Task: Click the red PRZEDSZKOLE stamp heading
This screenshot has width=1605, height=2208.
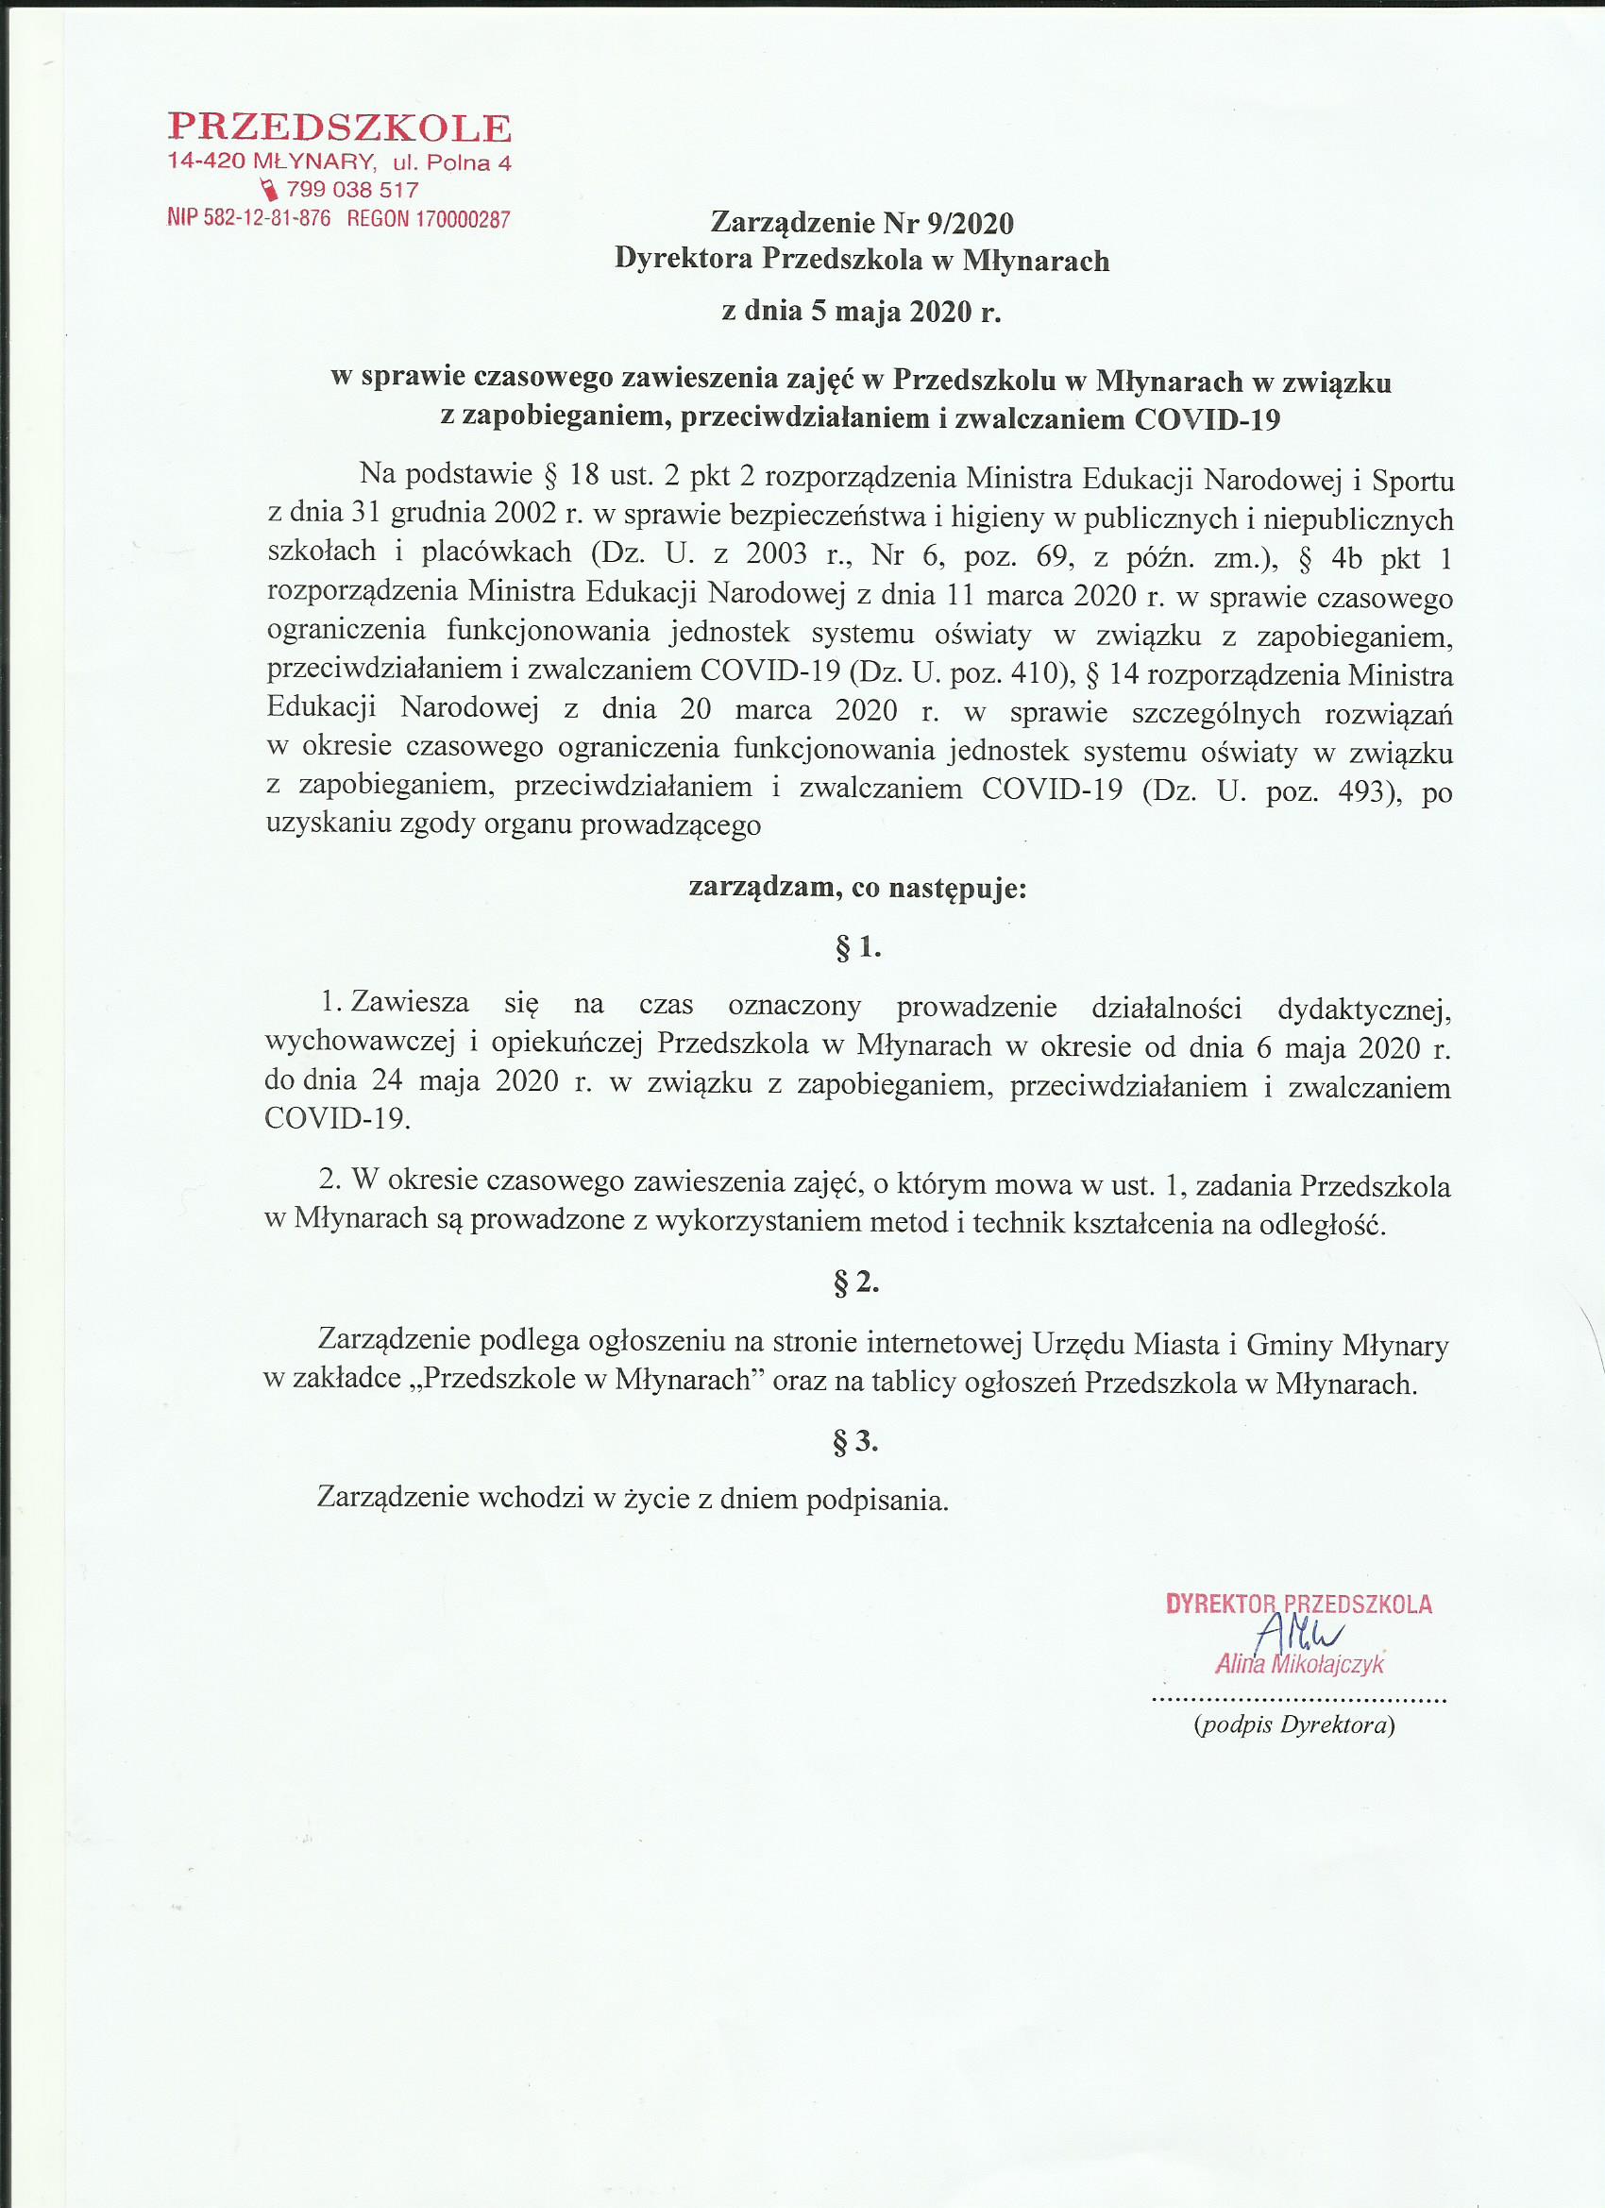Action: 340,128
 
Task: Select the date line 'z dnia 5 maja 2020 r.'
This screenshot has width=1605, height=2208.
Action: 860,312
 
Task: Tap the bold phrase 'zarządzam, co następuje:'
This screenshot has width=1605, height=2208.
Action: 857,888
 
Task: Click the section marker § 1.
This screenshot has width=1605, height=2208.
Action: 857,947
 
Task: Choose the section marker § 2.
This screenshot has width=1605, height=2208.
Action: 856,1284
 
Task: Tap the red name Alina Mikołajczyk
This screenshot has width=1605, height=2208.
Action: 1299,1665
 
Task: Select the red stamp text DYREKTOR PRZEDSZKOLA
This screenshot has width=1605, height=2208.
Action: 1298,1605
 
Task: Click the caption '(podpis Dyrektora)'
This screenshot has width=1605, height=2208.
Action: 1294,1725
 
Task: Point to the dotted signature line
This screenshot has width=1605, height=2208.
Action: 1298,1699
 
